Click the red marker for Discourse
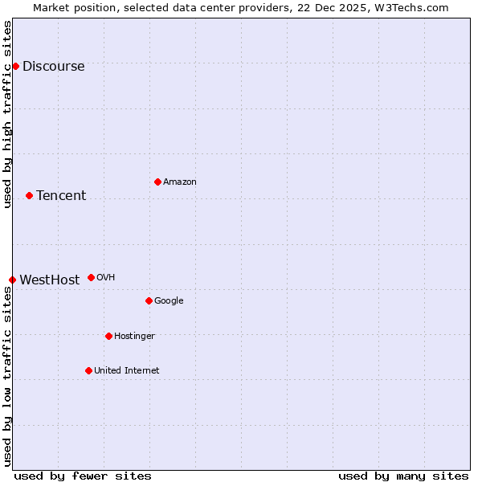[15, 66]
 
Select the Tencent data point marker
[29, 195]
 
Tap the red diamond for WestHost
[12, 280]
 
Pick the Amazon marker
[157, 182]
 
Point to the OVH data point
[91, 277]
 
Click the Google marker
[149, 300]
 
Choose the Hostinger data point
[108, 336]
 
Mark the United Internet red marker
[88, 370]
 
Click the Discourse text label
[53, 67]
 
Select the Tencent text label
[61, 196]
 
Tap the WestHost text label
[49, 280]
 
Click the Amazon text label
[180, 182]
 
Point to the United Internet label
[126, 371]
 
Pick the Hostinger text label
[134, 337]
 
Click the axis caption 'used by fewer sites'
[83, 476]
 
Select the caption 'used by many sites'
[403, 476]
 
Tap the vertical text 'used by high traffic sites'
[7, 114]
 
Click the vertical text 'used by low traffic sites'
[7, 376]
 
